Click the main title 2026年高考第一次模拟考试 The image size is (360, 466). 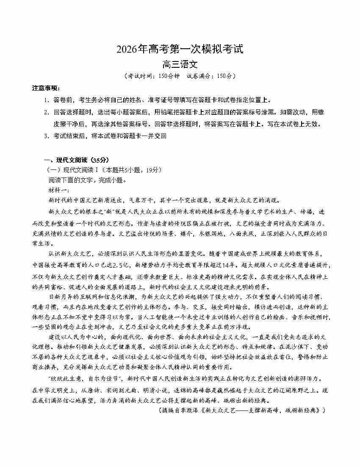tap(180, 50)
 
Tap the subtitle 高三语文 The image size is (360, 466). tap(180, 65)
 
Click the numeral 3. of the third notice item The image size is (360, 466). tap(46, 136)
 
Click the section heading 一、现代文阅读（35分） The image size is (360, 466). tap(77, 160)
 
